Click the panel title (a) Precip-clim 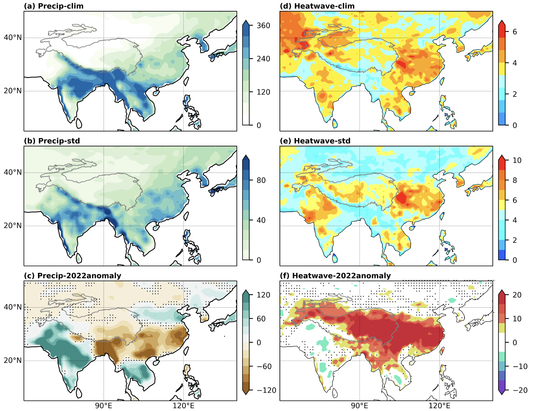point(54,6)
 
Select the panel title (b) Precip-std point(52,141)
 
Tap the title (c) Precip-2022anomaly point(72,276)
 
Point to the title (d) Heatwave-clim point(317,6)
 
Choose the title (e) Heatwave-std point(315,141)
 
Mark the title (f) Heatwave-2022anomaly point(335,276)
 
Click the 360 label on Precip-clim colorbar point(263,26)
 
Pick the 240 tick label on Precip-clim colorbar point(263,59)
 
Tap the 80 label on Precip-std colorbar point(261,180)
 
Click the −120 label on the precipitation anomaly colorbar point(267,390)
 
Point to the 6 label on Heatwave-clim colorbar point(515,32)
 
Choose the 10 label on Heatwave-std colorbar point(517,160)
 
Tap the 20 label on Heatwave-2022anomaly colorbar point(517,295)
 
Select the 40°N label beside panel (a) point(13,38)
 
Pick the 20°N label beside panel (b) point(13,226)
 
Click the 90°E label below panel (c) point(104,406)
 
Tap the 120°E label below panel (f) point(440,406)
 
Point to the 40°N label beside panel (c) point(13,307)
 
